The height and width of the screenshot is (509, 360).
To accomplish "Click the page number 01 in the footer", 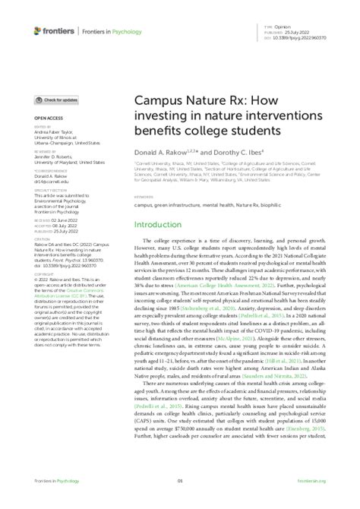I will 180,501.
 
